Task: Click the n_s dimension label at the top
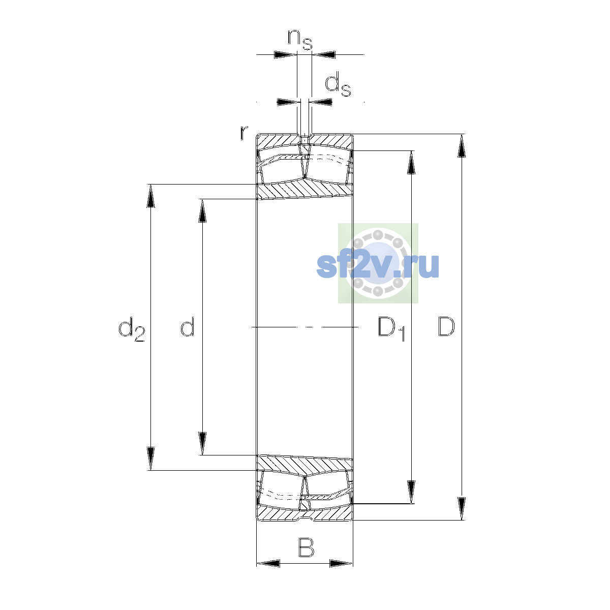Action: [x=299, y=40]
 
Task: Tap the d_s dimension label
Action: [x=338, y=84]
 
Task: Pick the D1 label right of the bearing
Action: [x=391, y=329]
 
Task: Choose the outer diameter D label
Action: [x=446, y=327]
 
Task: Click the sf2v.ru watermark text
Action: [x=378, y=266]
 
